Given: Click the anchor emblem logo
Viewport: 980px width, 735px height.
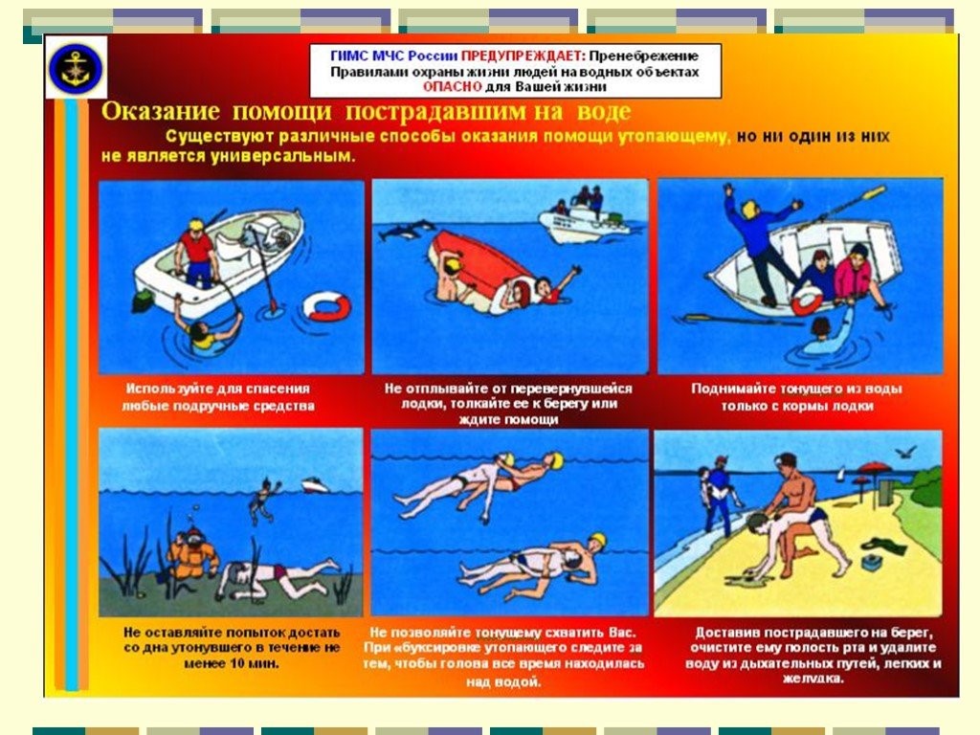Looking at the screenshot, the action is pyautogui.click(x=76, y=66).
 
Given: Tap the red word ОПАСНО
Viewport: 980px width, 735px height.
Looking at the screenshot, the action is pyautogui.click(x=452, y=87).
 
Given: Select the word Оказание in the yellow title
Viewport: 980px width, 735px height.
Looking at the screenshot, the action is pyautogui.click(x=161, y=111).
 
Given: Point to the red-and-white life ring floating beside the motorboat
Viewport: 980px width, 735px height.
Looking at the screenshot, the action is pyautogui.click(x=327, y=306).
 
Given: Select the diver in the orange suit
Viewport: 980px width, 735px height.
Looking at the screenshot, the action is pyautogui.click(x=192, y=553).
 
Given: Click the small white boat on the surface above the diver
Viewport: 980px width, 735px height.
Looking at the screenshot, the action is pyautogui.click(x=315, y=484).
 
